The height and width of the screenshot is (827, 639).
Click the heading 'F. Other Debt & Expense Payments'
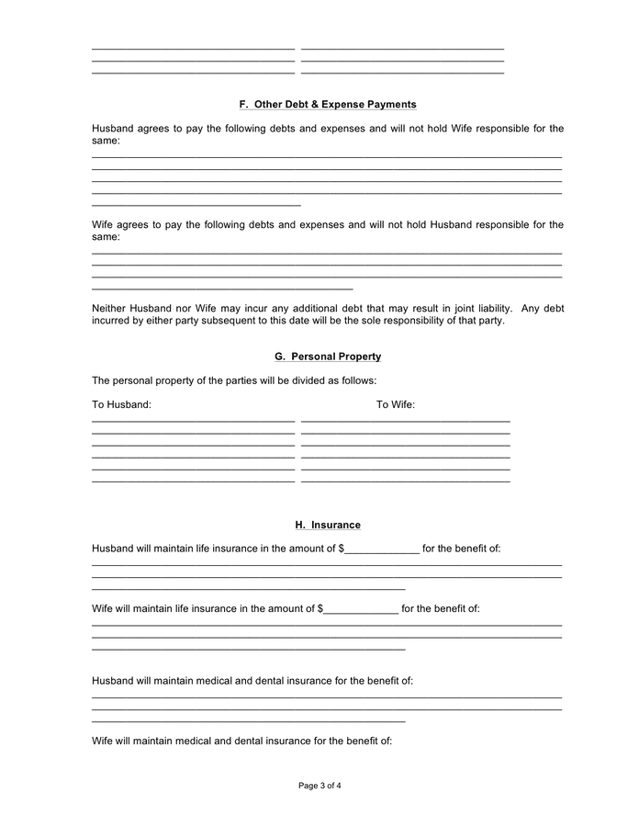(327, 105)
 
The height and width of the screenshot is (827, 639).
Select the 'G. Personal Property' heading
(327, 357)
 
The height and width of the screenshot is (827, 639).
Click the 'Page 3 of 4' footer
(319, 786)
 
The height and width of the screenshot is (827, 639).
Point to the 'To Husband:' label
(121, 404)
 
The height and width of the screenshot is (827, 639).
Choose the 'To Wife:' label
(395, 404)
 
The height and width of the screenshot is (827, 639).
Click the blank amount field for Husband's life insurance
(382, 549)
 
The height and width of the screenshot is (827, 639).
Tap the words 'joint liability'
(473, 308)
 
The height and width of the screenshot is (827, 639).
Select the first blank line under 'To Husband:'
(193, 420)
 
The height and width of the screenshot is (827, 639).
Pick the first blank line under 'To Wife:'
(405, 420)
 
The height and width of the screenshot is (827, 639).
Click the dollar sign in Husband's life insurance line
(342, 549)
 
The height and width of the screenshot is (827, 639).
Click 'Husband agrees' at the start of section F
(129, 129)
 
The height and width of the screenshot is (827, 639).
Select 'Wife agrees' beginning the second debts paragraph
(120, 224)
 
